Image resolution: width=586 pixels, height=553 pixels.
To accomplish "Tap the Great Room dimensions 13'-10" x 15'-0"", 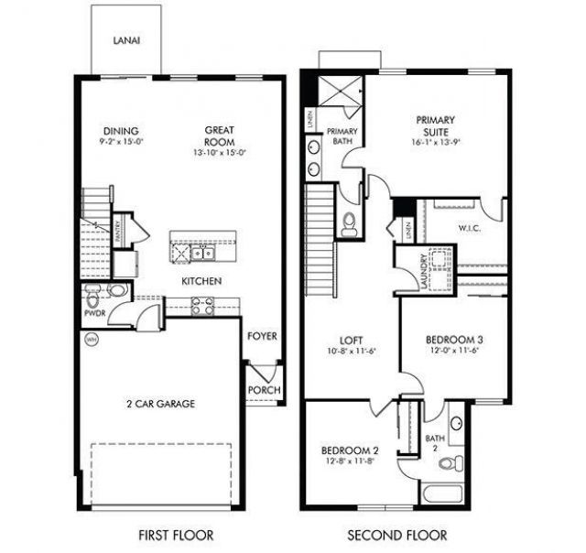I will pos(220,153).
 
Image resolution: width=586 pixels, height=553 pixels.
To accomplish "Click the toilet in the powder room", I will pos(116,292).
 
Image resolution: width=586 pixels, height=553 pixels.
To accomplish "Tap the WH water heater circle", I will pos(91,340).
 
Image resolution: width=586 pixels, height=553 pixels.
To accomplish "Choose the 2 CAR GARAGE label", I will pos(160,403).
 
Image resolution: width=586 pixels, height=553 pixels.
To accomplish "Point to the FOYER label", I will pos(262,336).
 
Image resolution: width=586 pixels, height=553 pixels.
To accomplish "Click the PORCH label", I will pos(265,391).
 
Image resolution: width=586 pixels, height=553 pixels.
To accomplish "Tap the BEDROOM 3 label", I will pos(454,341).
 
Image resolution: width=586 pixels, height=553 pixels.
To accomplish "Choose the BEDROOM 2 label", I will pos(350,450).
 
